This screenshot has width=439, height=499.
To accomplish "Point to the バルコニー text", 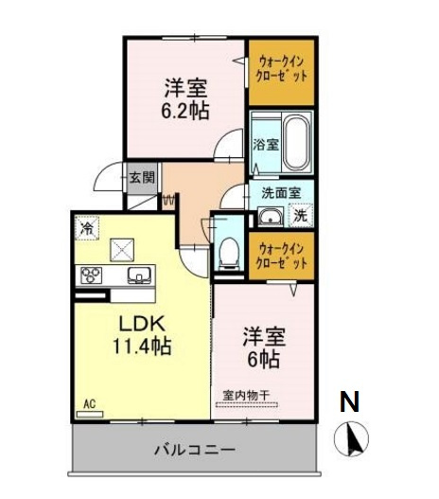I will click(x=195, y=450).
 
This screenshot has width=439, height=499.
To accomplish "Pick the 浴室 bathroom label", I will click(x=265, y=145).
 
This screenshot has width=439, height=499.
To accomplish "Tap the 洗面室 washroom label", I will click(x=281, y=192).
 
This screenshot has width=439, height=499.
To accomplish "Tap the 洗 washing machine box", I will click(x=300, y=216).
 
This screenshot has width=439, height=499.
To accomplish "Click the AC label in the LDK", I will click(x=91, y=401).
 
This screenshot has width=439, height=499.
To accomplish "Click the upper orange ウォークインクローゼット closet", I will click(x=281, y=72).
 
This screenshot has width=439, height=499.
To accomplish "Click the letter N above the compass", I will click(x=349, y=401).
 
